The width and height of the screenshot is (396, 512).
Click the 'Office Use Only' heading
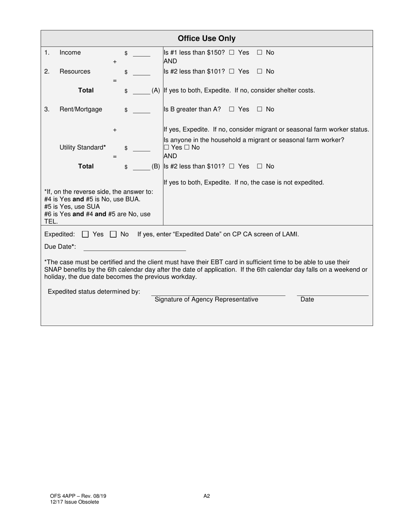(206, 39)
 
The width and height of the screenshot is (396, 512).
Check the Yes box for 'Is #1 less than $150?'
(232, 52)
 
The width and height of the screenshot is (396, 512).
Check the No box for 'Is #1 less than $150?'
(259, 52)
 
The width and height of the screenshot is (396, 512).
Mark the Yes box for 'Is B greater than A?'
(232, 109)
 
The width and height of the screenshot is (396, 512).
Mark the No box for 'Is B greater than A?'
(259, 109)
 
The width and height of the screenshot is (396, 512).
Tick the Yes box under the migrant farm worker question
(166, 148)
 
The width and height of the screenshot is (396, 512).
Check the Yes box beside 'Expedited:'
(85, 234)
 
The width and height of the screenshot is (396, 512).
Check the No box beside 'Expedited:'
(113, 234)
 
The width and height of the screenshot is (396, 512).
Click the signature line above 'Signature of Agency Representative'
(218, 294)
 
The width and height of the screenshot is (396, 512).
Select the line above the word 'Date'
(332, 294)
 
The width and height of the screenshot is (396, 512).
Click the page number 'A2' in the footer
(207, 496)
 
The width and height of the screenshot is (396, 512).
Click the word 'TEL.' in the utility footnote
(51, 221)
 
